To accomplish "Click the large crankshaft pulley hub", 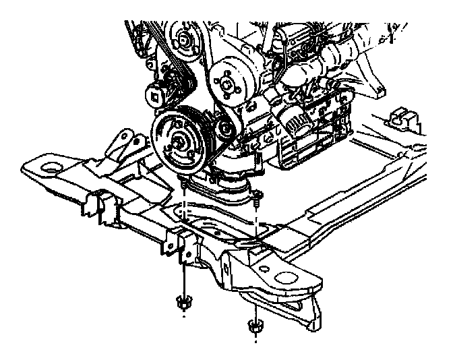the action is (179, 142).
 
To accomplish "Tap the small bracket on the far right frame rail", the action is (402, 116).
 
